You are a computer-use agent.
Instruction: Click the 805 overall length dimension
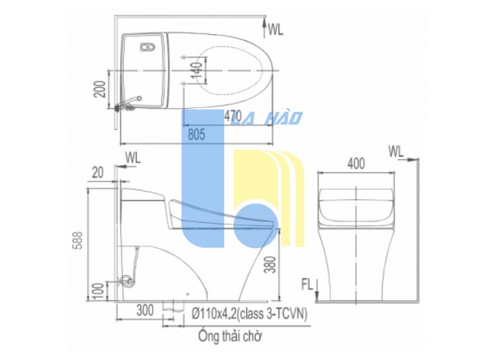196,134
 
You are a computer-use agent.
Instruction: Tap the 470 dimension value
233,116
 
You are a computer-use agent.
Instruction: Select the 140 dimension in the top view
198,70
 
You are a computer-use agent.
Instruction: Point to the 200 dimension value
100,89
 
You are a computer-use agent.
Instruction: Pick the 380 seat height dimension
270,265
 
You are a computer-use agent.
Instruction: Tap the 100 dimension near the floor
98,292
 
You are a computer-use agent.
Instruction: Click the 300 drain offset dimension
145,310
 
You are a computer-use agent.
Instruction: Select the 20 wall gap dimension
98,173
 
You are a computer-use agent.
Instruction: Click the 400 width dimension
356,163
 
